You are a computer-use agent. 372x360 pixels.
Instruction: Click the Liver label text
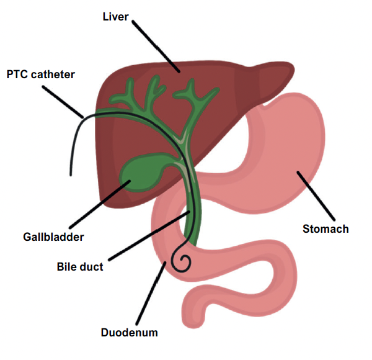pos(115,17)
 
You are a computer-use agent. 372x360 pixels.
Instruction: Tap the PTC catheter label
pos(40,74)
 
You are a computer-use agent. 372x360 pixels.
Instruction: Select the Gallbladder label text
pos(53,236)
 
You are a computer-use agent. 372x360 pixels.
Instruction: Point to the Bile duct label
pos(80,268)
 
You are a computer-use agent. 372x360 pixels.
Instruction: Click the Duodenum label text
pos(129,333)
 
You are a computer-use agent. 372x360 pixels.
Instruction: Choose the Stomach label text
pos(325,229)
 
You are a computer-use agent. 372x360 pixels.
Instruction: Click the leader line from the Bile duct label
pos(149,236)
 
